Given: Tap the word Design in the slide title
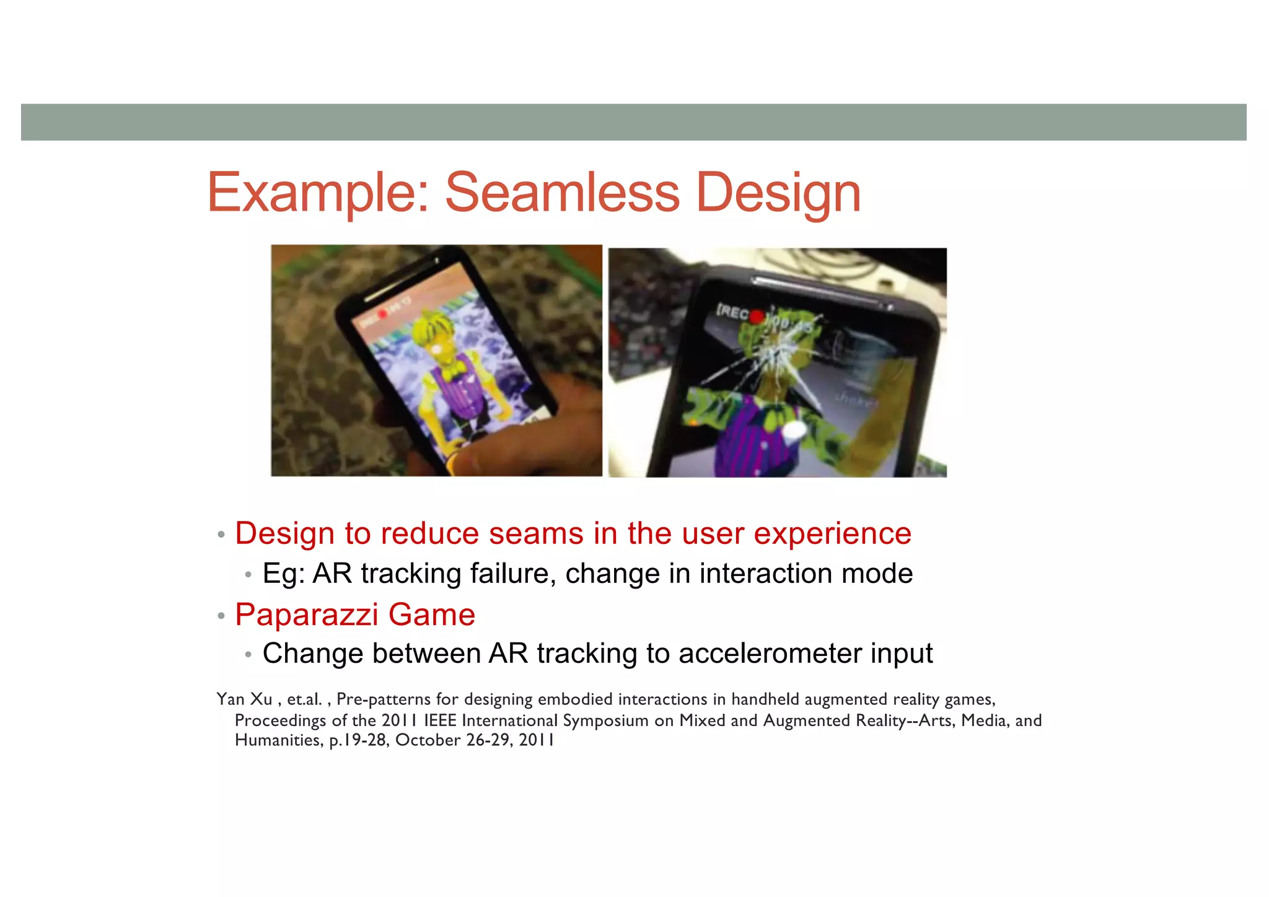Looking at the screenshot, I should pyautogui.click(x=778, y=194).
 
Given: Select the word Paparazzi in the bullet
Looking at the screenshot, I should pyautogui.click(x=307, y=615).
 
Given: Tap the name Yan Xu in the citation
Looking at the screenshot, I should pyautogui.click(x=244, y=699).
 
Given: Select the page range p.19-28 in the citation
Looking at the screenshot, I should pyautogui.click(x=358, y=740).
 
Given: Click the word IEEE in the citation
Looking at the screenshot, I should pyautogui.click(x=441, y=720).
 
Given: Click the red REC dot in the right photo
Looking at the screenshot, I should pyautogui.click(x=757, y=317).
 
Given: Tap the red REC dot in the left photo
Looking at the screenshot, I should pyautogui.click(x=383, y=314).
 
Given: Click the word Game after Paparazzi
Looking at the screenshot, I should pyautogui.click(x=431, y=615).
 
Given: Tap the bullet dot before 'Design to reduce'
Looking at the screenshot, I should pyautogui.click(x=221, y=535).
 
